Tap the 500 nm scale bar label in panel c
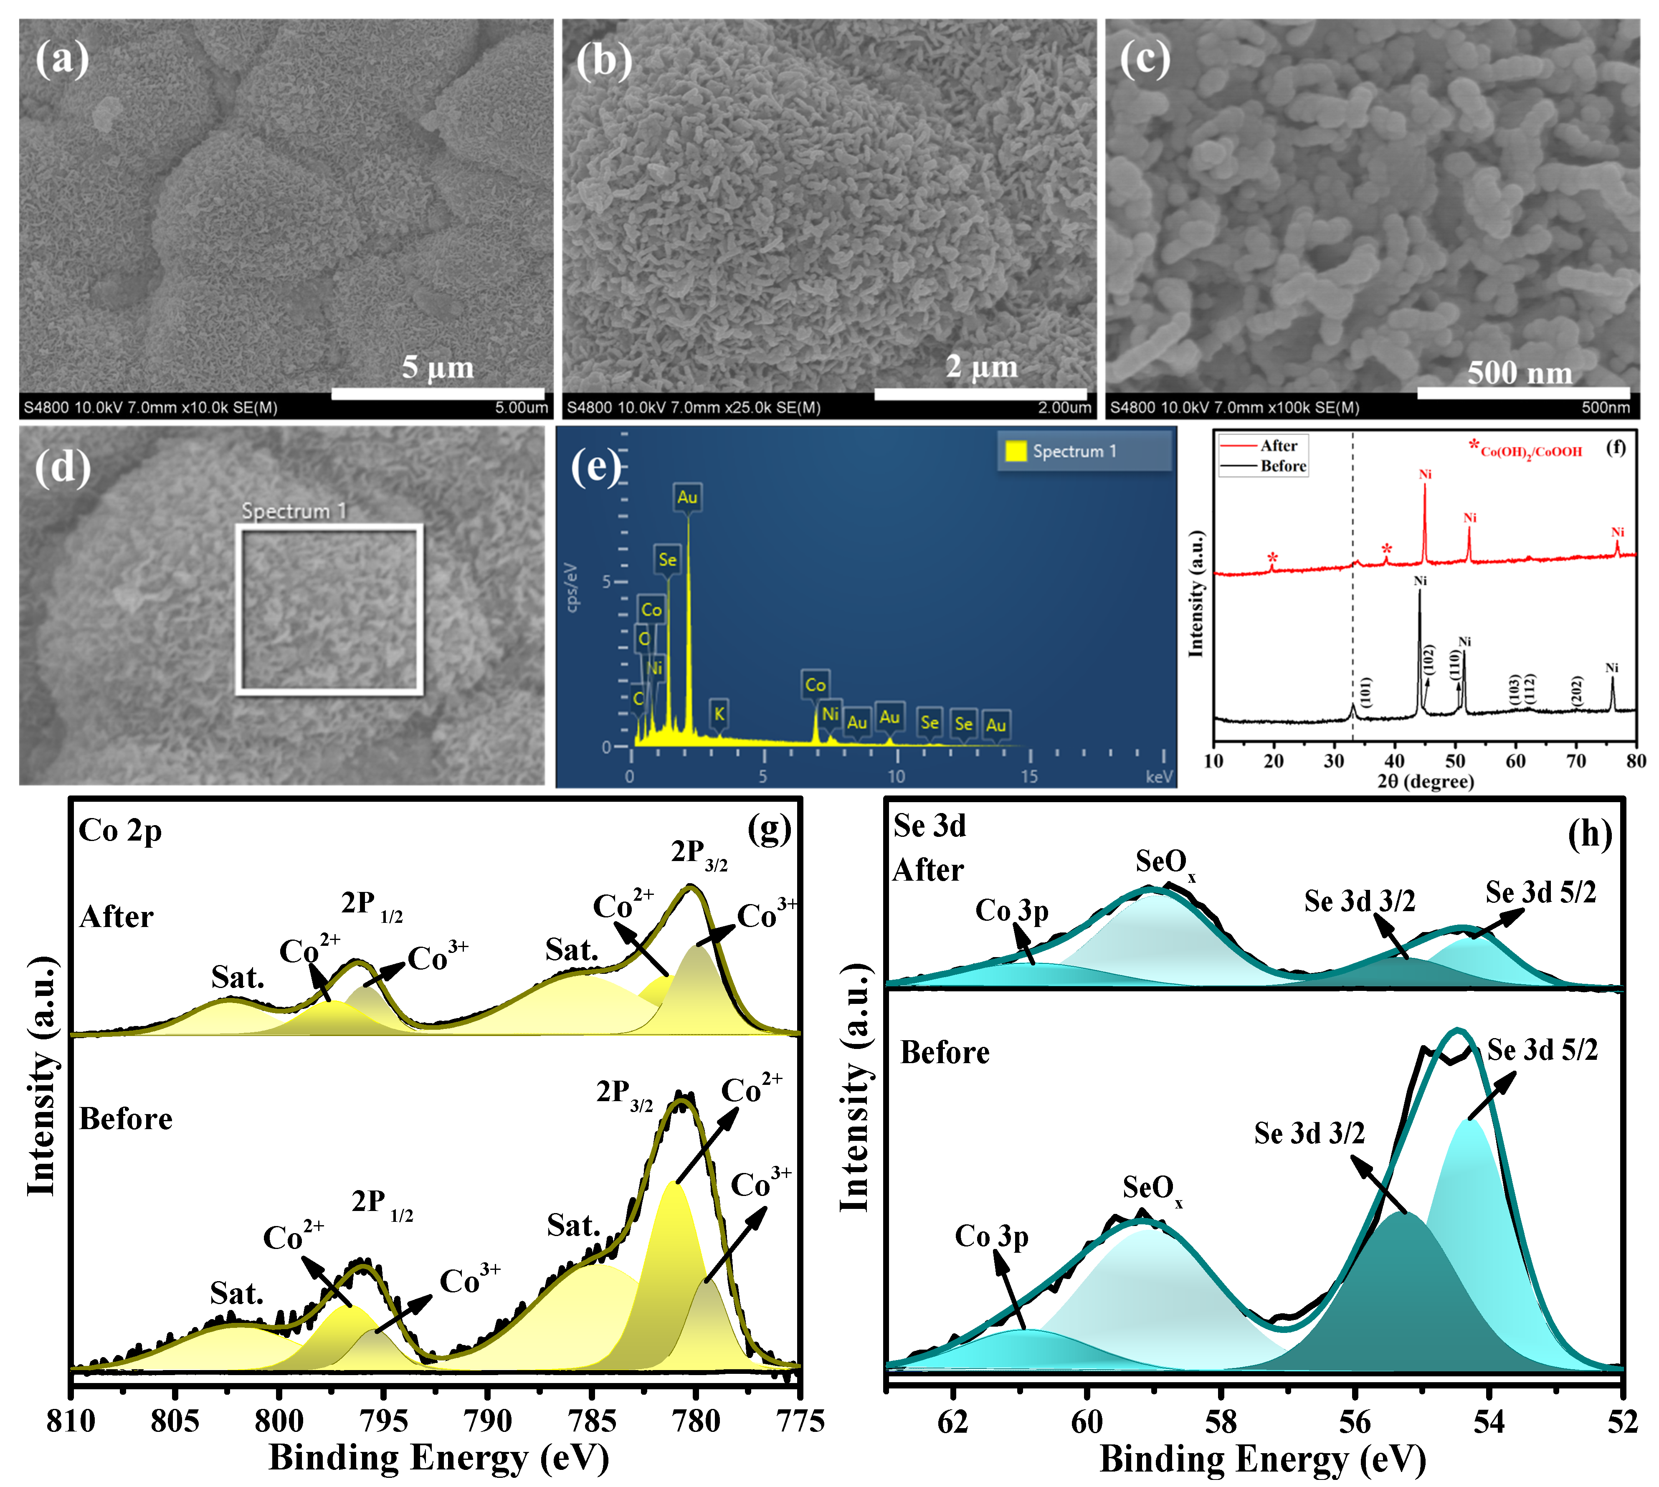[1519, 373]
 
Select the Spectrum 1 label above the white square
[294, 512]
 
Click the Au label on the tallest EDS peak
[687, 497]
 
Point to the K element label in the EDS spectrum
[719, 713]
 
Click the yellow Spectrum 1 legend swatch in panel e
[1016, 451]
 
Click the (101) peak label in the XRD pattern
[1366, 692]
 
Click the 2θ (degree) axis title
[1426, 782]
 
